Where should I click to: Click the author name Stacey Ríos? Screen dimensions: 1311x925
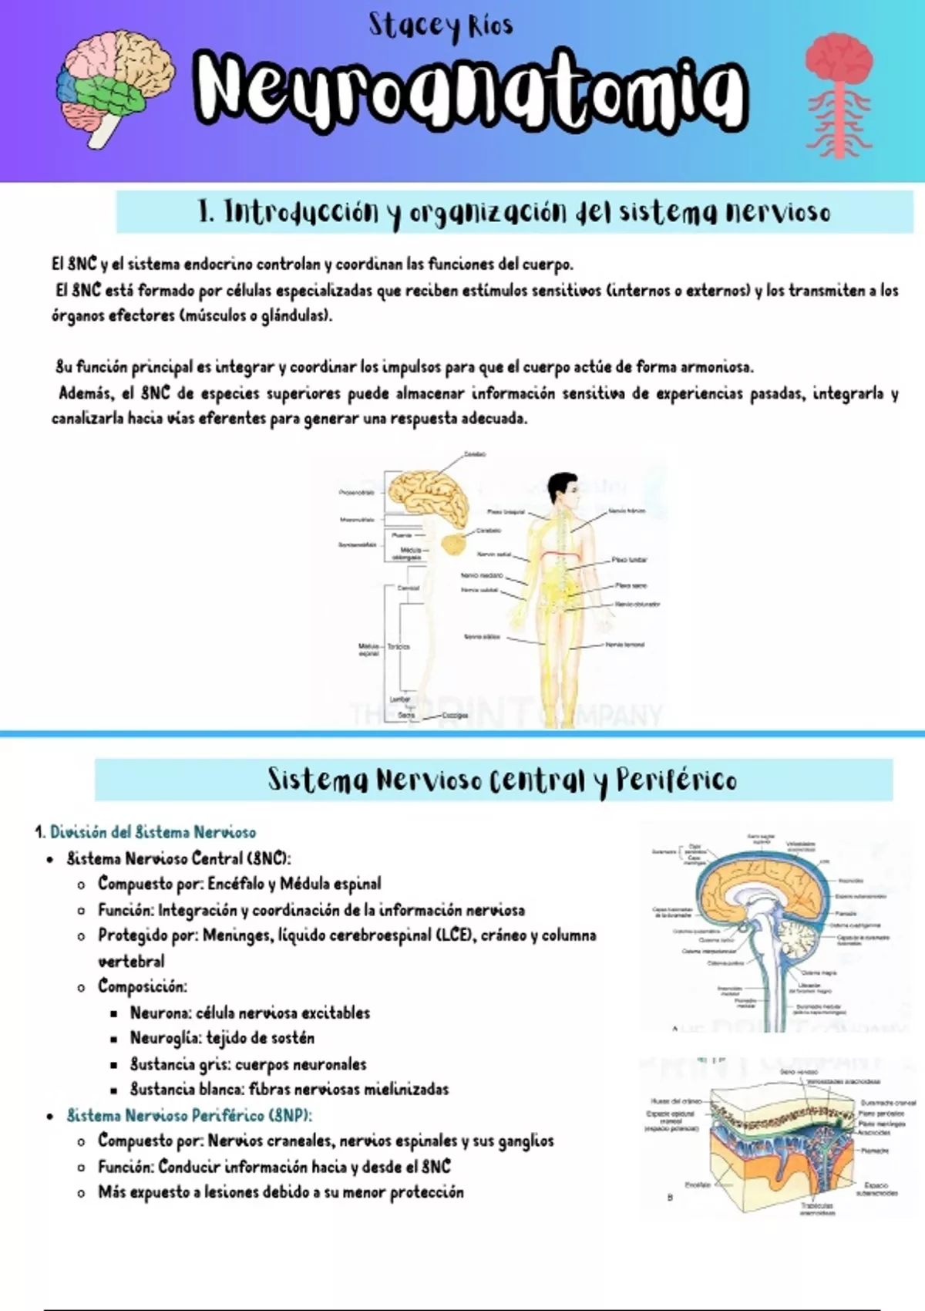pyautogui.click(x=440, y=26)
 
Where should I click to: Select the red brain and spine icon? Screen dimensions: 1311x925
pyautogui.click(x=839, y=93)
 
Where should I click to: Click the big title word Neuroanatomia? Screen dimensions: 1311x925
pyautogui.click(x=470, y=91)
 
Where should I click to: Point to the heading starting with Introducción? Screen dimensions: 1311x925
pyautogui.click(x=514, y=212)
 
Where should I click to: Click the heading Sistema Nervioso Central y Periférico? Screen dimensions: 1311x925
pyautogui.click(x=502, y=780)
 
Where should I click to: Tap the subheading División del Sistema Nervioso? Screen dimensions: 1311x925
pyautogui.click(x=153, y=832)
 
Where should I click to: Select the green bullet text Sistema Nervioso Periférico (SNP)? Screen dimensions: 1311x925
pyautogui.click(x=190, y=1115)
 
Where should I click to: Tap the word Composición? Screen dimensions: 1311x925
pyautogui.click(x=142, y=986)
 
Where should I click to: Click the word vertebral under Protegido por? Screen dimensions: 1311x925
pyautogui.click(x=131, y=961)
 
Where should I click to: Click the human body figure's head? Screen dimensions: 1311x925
pyautogui.click(x=563, y=488)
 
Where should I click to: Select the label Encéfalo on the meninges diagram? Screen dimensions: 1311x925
pyautogui.click(x=698, y=1185)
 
